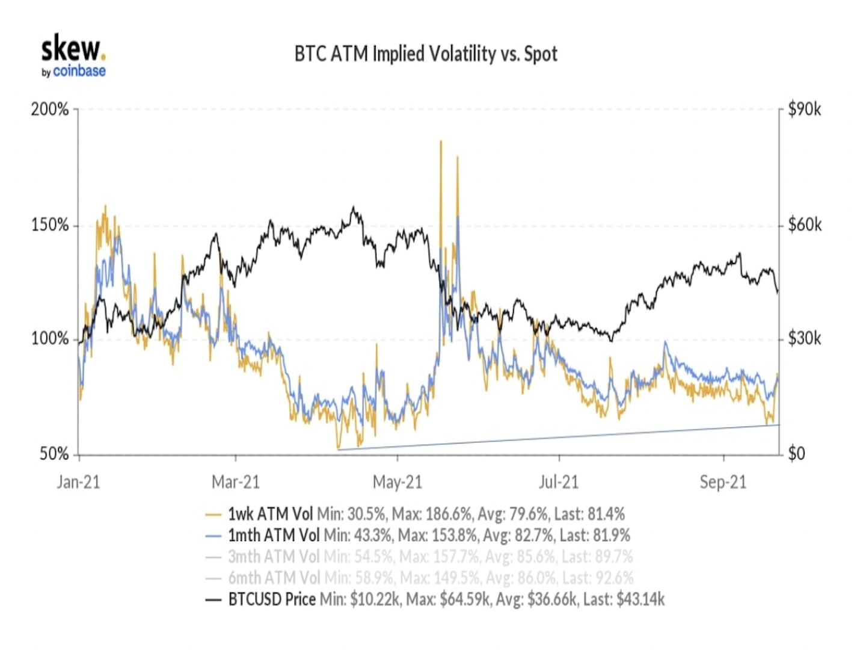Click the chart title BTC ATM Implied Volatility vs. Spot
[426, 54]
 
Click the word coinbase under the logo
[79, 72]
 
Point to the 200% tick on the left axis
[50, 110]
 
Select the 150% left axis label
[50, 226]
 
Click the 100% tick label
[50, 339]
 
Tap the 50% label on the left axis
[54, 454]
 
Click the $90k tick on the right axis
[805, 110]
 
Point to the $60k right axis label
[805, 225]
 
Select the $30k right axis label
[805, 339]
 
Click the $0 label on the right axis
[796, 453]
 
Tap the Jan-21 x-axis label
[78, 482]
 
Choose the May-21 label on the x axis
[398, 482]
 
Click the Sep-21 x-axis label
[723, 482]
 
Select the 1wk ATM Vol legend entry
[271, 514]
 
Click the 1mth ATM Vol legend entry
[274, 535]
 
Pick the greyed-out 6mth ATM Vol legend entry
[274, 578]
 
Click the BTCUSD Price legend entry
[272, 599]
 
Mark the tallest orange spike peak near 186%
[441, 141]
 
